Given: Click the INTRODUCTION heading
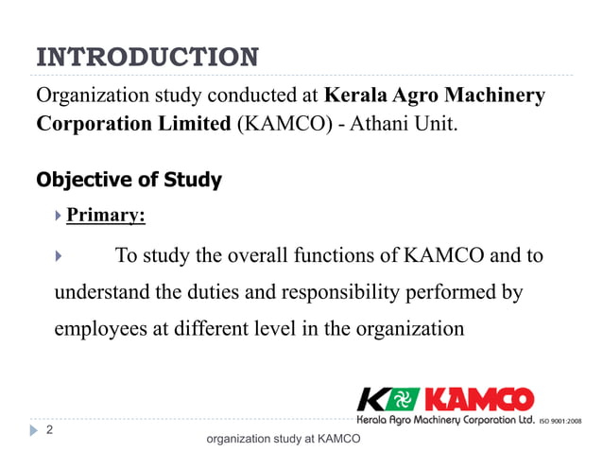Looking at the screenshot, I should (146, 57).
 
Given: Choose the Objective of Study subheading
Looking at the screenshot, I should (129, 180).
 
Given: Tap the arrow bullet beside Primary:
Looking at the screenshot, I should (59, 217).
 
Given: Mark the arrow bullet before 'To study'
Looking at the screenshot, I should (59, 256).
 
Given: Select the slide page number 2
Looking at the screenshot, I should (49, 430).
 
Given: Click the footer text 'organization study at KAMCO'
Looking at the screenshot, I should (283, 439).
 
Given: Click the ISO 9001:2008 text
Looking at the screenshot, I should (560, 420).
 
